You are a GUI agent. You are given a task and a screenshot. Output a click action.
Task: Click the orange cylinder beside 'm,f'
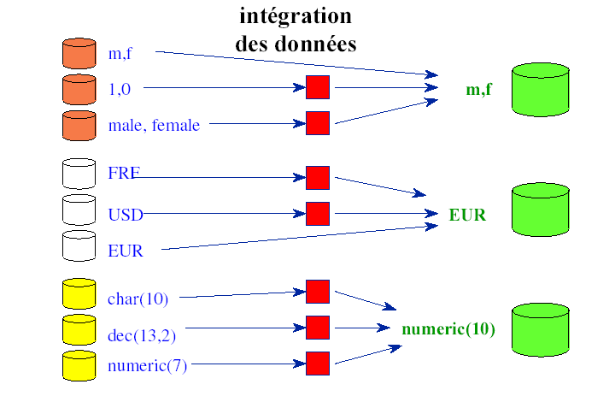pos(79,53)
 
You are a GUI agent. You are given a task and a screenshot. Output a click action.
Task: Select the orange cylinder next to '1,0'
pos(79,89)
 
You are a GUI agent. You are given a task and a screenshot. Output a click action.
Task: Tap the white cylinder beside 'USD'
pos(79,210)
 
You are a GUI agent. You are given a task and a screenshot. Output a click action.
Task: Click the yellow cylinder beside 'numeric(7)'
pos(79,365)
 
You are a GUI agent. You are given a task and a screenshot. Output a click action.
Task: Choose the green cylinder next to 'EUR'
pos(540,209)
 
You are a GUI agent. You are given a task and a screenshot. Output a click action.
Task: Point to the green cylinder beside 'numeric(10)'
pos(540,330)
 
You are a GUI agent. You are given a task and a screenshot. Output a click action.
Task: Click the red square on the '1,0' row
pos(318,87)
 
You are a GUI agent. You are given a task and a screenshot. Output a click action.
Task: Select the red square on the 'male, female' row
pos(318,123)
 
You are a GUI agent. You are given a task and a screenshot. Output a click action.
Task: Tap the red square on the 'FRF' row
pos(318,178)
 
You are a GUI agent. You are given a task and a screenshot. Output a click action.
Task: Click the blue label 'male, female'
pos(154,126)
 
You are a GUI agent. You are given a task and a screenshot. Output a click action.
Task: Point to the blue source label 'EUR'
pos(126,251)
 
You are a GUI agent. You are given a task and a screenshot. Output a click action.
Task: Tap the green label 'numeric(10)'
pos(448,329)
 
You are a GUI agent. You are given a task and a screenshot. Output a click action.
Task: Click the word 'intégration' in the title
pos(295,16)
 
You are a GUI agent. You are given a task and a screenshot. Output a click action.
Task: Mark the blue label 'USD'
pos(125,214)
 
